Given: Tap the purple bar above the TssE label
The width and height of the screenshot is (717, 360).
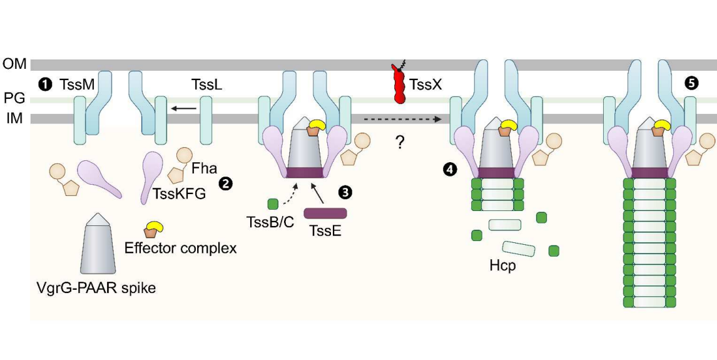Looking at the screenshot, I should coord(325,213).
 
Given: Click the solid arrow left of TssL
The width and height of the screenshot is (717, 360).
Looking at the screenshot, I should coord(184,109).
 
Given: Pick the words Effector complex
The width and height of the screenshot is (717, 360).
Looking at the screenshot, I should coord(181,248).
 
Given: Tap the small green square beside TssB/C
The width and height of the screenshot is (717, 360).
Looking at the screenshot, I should coord(273,203).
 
